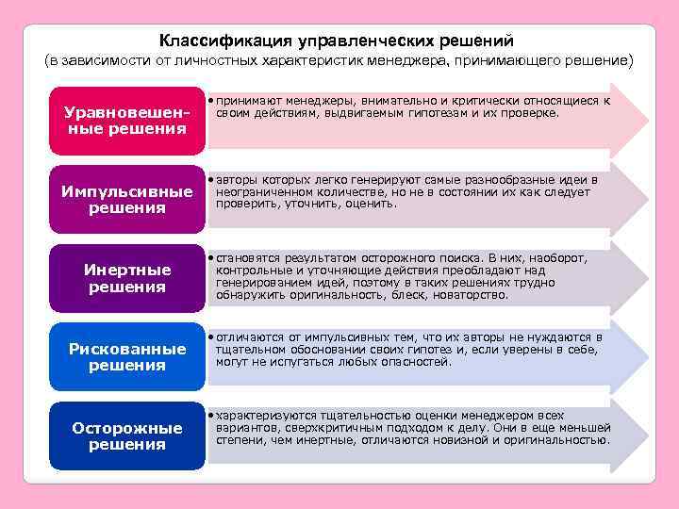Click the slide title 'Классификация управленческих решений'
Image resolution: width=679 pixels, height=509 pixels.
pos(337,41)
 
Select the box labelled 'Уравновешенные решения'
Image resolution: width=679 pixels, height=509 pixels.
pos(126,120)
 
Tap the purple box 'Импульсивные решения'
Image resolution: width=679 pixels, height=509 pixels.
pos(126,200)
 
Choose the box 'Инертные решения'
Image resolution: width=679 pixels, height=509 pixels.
pos(126,278)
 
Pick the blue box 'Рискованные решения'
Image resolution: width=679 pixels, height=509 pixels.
pos(126,357)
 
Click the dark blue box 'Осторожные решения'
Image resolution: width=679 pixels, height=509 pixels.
pos(126,435)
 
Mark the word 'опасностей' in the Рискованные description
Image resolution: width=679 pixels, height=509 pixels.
pos(418,361)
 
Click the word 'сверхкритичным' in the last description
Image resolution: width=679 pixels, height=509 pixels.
pos(321,427)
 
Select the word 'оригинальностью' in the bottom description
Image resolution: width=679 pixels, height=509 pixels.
pos(561,439)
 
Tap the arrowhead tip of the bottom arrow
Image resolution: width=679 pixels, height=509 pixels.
pos(648,435)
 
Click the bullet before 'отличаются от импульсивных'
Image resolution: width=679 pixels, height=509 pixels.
pos(210,337)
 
